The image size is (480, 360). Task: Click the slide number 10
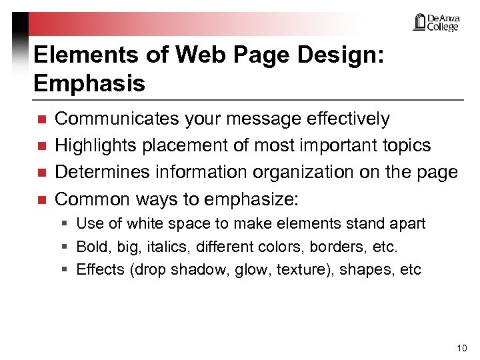(x=461, y=348)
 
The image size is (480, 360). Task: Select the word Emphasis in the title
(x=89, y=83)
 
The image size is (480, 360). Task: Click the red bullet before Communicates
(x=41, y=120)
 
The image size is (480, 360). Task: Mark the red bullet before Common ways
(x=41, y=200)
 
